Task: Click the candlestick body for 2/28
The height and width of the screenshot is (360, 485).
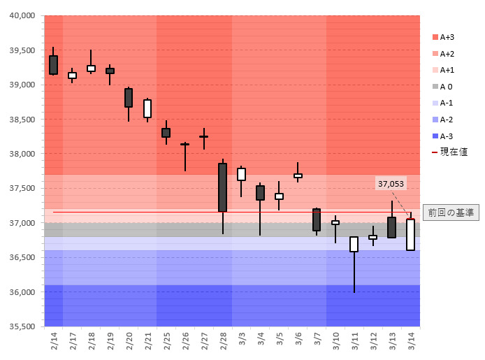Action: point(222,187)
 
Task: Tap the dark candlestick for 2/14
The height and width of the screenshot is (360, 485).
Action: point(53,64)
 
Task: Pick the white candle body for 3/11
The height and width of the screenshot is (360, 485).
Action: point(354,244)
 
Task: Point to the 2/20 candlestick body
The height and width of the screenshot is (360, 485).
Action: point(129,97)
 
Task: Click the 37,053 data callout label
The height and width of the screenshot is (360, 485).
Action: point(391,184)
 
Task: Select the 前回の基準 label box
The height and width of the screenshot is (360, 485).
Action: point(451,213)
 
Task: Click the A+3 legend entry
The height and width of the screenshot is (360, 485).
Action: point(442,37)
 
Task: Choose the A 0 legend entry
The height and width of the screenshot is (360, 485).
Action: point(442,87)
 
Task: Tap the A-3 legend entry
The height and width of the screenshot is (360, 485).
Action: point(442,136)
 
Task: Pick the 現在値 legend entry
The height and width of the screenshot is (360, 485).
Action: point(449,152)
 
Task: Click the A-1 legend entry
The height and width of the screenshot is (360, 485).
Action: point(442,103)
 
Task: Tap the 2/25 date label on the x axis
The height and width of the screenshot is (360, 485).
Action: point(166,342)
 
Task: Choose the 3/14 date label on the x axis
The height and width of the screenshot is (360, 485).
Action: point(411,342)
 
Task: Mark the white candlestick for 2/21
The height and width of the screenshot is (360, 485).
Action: point(147,108)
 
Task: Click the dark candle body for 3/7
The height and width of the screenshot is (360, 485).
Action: point(317,219)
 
